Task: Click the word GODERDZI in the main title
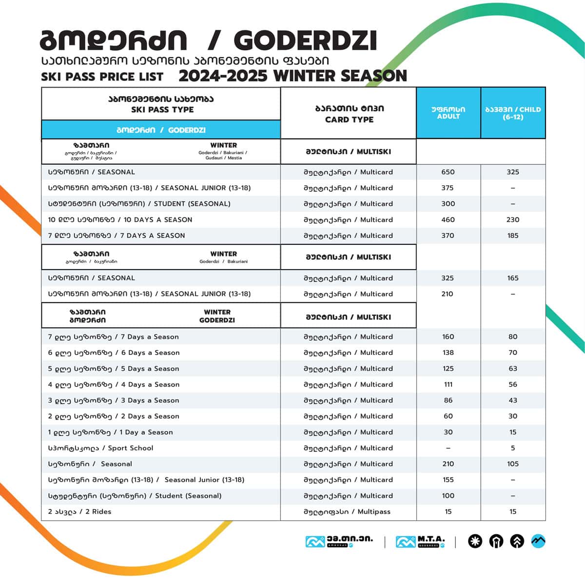click(309, 41)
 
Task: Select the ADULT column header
click(448, 113)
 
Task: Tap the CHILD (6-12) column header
click(513, 113)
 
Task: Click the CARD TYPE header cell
click(349, 114)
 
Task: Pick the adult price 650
click(448, 172)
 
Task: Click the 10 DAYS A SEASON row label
click(120, 220)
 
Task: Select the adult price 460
click(448, 220)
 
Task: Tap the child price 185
click(513, 235)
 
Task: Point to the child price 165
click(513, 278)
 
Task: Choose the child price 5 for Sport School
click(513, 448)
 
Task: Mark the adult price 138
click(448, 352)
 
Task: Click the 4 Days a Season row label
click(114, 385)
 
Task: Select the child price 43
click(513, 400)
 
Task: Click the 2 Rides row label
click(79, 511)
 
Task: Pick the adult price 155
click(448, 480)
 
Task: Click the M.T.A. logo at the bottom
click(420, 541)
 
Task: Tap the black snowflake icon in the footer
click(475, 541)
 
